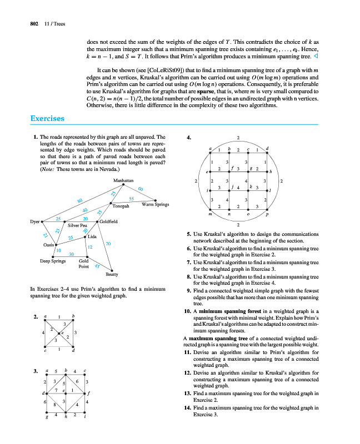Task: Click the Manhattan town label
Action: click(x=123, y=181)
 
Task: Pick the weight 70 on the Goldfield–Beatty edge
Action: click(x=108, y=244)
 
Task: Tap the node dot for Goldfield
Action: click(x=98, y=221)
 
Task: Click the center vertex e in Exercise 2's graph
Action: click(x=62, y=333)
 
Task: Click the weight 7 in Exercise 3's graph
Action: click(x=57, y=390)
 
